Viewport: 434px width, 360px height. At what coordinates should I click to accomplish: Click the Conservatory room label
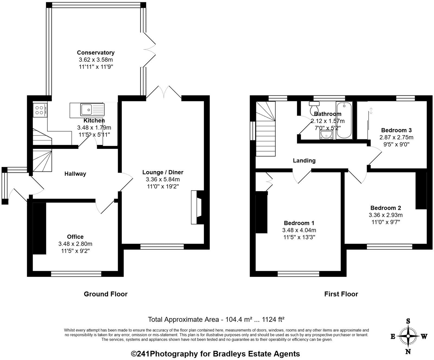point(95,53)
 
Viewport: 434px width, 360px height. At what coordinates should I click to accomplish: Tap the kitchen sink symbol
point(87,110)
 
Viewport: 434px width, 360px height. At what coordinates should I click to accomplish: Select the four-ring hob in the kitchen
point(40,110)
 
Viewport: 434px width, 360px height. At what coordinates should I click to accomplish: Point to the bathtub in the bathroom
point(344,120)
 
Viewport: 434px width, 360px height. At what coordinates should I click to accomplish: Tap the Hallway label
point(75,174)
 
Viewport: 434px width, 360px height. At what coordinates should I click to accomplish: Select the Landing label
point(304,160)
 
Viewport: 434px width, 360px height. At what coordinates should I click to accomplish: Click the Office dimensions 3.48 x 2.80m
point(75,244)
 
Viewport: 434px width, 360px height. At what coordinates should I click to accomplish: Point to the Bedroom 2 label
point(385,208)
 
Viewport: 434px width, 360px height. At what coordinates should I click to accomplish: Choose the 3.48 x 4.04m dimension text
point(299,230)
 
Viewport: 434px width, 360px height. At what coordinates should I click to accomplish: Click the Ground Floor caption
point(106,294)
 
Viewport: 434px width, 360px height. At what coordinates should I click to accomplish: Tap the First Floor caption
point(341,294)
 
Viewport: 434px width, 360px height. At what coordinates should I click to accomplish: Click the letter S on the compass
point(408,322)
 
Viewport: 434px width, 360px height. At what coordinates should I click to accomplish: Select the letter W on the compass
point(424,337)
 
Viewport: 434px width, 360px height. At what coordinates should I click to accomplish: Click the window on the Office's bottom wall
point(76,274)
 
